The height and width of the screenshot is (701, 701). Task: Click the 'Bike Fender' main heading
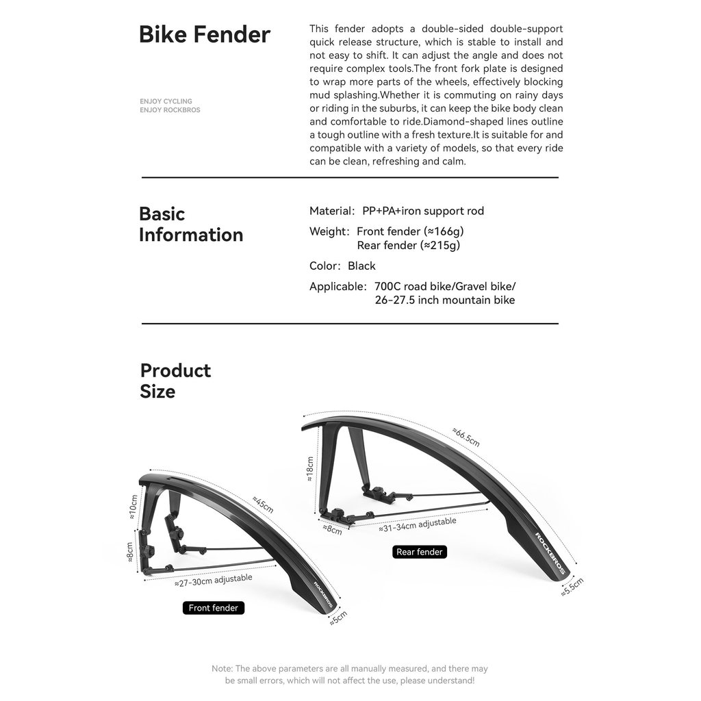coord(204,34)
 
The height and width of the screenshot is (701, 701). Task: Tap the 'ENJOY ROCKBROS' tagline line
coord(170,110)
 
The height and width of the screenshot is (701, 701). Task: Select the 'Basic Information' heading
coord(191,224)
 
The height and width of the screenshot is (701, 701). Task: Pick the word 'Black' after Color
coord(361,266)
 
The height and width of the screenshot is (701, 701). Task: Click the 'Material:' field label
coord(332,211)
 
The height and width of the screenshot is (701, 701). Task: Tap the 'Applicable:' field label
coord(338,287)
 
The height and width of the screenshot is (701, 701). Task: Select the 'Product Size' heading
coord(175,381)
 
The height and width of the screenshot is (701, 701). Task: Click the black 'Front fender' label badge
coord(214,608)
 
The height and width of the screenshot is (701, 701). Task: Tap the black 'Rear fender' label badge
coord(420,552)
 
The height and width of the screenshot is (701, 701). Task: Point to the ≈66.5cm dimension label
coord(466,437)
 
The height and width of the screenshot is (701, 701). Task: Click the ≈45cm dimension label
coord(263,505)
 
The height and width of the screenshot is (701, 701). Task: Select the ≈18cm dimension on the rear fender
coord(309,468)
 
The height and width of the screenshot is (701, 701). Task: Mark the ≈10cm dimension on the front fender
coord(133,507)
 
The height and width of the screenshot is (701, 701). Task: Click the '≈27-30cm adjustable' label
coord(214,581)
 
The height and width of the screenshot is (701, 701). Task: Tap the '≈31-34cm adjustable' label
coord(418,525)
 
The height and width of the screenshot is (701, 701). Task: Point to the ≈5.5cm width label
coord(572,587)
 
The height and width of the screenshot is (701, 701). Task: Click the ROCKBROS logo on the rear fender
coord(550,553)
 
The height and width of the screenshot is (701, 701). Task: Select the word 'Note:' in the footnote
coord(222,669)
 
